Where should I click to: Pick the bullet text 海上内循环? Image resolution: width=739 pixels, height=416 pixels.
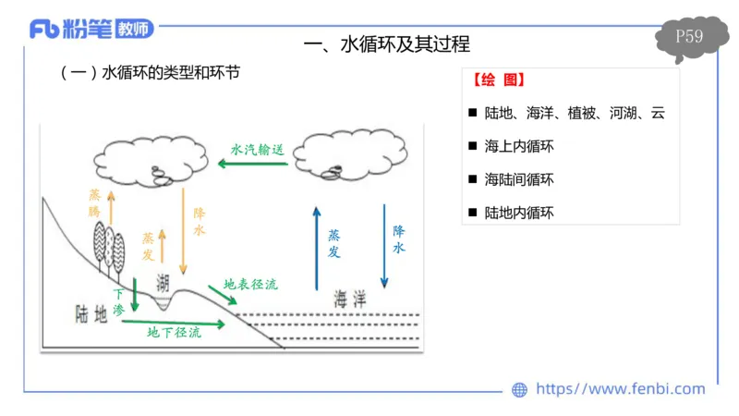point(519,146)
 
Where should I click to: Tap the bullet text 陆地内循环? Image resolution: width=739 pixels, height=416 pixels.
point(519,213)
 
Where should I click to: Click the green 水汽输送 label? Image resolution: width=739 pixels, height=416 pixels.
point(256,147)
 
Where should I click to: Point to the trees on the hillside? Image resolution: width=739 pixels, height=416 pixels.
point(109,246)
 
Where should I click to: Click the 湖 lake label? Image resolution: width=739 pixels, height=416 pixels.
point(164,282)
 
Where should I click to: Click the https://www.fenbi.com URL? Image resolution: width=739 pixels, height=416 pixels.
point(620,389)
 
